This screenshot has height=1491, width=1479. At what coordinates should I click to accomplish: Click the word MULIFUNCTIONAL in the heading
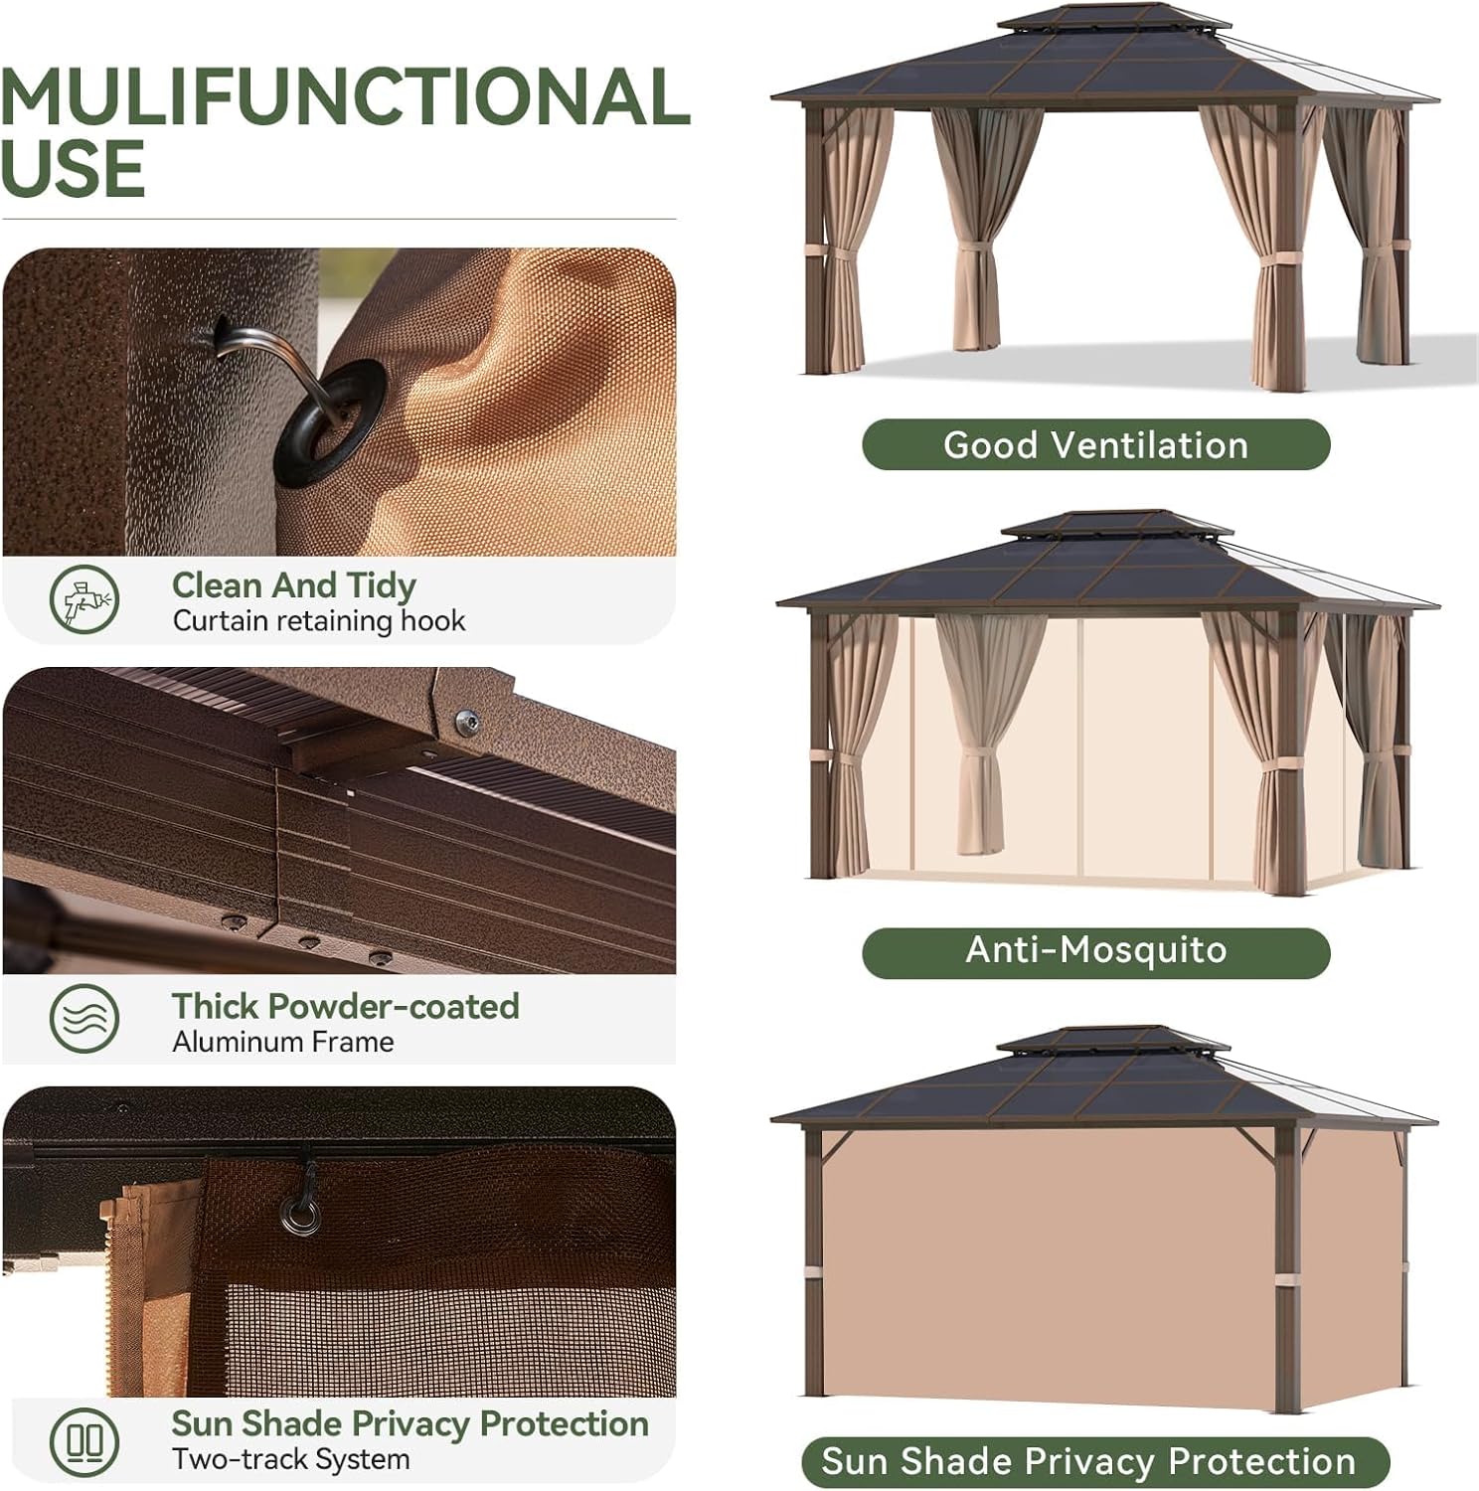345,97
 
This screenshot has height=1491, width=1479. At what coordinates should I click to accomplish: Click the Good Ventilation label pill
1095,444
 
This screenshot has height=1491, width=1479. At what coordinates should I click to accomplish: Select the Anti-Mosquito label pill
1095,950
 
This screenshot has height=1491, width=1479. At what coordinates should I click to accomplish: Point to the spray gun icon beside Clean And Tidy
84,599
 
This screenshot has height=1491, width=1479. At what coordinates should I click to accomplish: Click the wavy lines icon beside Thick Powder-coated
84,1019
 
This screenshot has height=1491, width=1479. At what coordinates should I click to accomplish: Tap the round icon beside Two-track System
84,1440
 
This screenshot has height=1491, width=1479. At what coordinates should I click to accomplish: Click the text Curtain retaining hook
318,621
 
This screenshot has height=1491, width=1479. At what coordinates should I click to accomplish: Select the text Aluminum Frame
282,1042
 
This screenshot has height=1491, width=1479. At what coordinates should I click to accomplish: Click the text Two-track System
290,1459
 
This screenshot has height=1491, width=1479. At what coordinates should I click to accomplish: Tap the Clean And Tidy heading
293,585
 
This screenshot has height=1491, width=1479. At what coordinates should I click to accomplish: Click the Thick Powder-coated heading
345,1006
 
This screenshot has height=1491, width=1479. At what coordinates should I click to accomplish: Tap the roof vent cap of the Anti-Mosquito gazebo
1115,523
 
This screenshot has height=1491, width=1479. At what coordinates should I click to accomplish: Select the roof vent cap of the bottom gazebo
1110,1040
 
